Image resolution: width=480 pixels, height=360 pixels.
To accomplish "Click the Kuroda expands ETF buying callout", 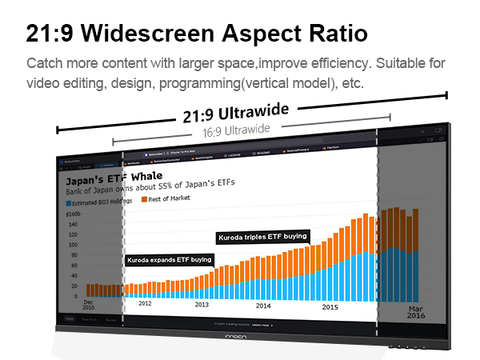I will click(x=170, y=259).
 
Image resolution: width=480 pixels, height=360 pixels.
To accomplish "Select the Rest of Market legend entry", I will click(x=169, y=198).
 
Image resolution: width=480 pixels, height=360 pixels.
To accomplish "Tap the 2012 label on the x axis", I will click(x=145, y=303).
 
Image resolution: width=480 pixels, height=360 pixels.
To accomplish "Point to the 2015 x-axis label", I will click(x=330, y=306).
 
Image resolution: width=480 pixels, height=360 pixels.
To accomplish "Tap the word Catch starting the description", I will click(x=44, y=63).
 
